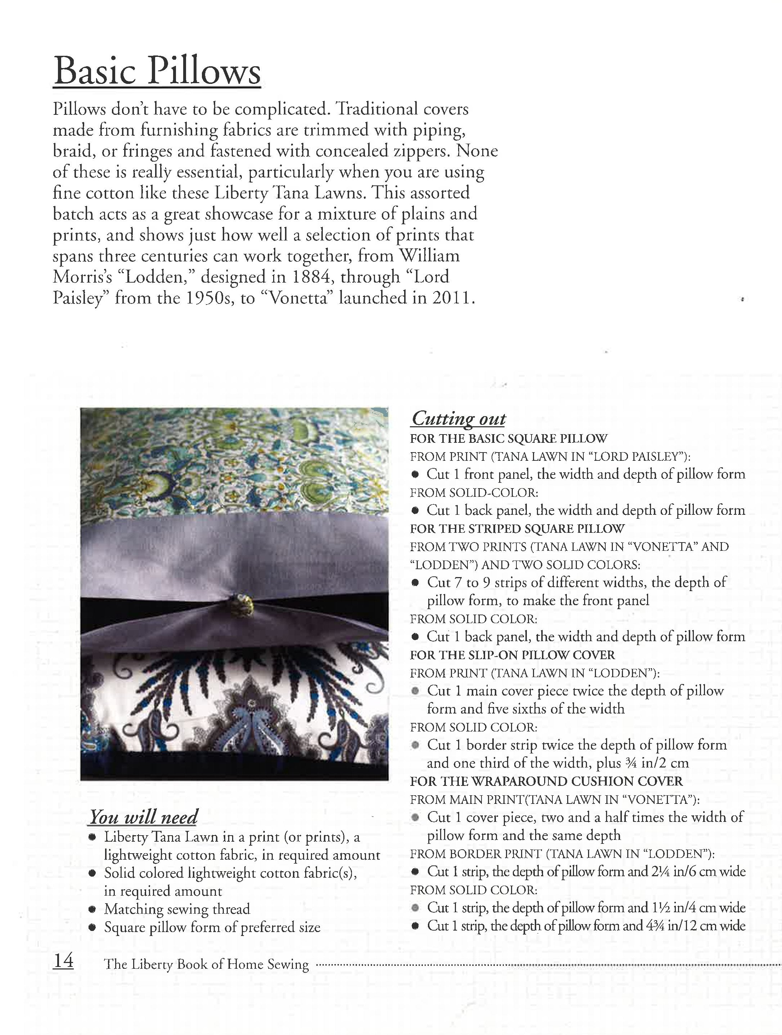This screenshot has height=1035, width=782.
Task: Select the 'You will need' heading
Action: [x=144, y=817]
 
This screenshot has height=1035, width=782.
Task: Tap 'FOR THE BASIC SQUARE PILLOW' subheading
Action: [x=508, y=439]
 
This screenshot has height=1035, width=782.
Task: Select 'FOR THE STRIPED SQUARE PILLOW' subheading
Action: [x=517, y=529]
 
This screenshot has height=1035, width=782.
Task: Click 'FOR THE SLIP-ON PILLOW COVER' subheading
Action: [x=512, y=655]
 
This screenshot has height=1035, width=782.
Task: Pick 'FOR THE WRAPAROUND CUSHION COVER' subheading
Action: [x=546, y=782]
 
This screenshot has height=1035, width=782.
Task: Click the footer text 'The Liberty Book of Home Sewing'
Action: [x=206, y=964]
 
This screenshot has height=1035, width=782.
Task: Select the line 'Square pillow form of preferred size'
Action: [x=212, y=927]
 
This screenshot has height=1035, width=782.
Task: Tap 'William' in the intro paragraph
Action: [x=429, y=256]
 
